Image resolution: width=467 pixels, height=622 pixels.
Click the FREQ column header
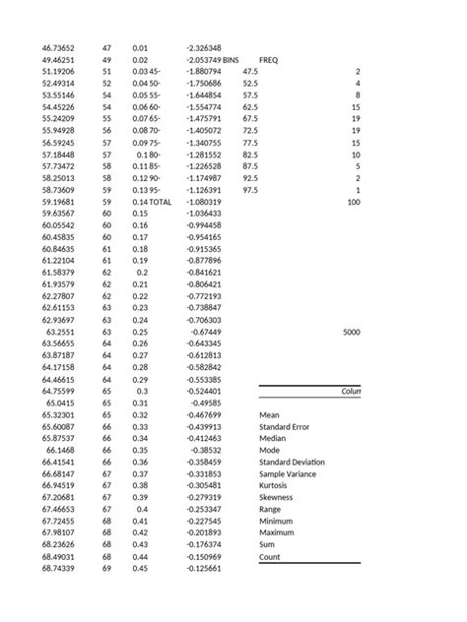[x=268, y=60]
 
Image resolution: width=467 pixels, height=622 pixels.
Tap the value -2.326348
[x=203, y=48]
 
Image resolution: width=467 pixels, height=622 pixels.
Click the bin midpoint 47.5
[x=249, y=72]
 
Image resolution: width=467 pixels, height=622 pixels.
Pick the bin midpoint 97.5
[x=249, y=190]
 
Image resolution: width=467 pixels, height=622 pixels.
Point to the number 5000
[x=352, y=333]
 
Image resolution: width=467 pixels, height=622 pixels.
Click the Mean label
[x=270, y=415]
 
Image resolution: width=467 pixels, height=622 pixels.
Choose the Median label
[x=273, y=439]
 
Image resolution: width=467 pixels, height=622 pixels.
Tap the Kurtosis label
[x=275, y=486]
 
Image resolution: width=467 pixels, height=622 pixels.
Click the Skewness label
[x=278, y=498]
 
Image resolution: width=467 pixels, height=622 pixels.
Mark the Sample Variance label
[x=289, y=474]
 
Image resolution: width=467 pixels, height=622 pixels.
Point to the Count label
[x=270, y=557]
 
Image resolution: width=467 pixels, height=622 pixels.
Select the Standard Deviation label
[x=292, y=463]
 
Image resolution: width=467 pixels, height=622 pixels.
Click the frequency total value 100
[x=353, y=202]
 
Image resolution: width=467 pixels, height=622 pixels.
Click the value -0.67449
[x=205, y=332]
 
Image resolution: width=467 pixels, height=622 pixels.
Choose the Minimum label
[x=277, y=522]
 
